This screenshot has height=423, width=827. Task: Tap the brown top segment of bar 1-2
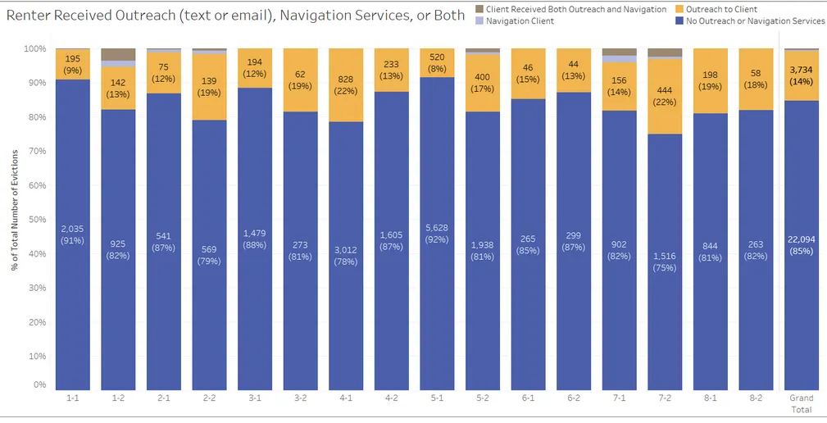(118, 54)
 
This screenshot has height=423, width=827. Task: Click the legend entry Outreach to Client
(721, 9)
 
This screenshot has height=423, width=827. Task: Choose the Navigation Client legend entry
(520, 21)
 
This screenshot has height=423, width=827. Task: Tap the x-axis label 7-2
(664, 398)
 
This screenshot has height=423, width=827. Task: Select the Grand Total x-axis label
(801, 403)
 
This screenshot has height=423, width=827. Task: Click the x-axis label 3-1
(254, 398)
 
